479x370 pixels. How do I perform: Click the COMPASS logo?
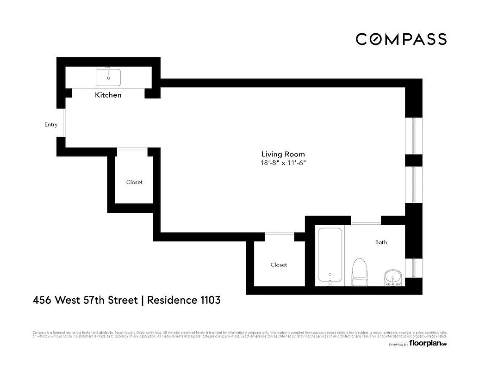[401, 39]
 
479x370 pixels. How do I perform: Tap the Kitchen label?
[108, 95]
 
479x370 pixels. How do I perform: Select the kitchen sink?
[109, 78]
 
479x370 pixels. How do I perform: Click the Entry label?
[51, 124]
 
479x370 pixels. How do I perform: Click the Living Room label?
[283, 154]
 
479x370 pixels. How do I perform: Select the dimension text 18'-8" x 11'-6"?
[283, 163]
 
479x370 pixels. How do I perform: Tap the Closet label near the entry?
[134, 182]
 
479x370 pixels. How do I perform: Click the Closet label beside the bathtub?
[279, 265]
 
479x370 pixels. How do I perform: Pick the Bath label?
[381, 242]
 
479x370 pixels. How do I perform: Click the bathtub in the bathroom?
[330, 254]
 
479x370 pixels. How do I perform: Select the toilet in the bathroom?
[360, 271]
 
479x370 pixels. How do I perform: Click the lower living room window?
[414, 184]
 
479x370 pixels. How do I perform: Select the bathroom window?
[414, 268]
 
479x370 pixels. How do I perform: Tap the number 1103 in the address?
[210, 300]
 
